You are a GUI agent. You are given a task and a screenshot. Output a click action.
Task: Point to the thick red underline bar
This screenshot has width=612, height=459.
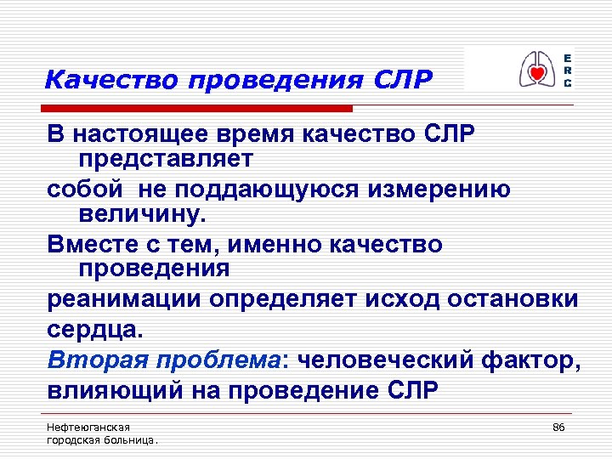[199, 109]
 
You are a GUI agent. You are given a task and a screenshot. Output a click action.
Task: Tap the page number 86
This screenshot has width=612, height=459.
[558, 426]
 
